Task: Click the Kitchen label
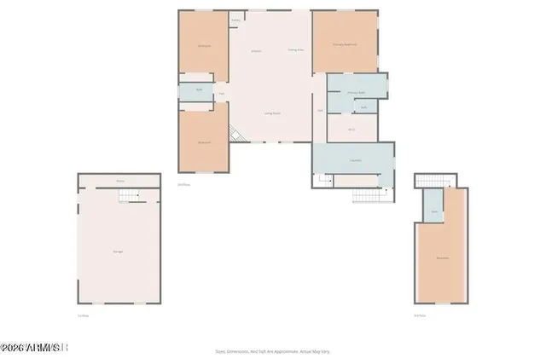(x=256, y=52)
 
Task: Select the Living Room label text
(x=273, y=113)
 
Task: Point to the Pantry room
(x=235, y=20)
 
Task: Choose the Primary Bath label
(x=356, y=92)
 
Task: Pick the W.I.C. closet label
(x=351, y=129)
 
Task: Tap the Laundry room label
(x=354, y=159)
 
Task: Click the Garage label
(x=117, y=251)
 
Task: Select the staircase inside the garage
(x=127, y=197)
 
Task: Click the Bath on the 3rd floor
(x=434, y=211)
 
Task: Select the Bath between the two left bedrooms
(x=199, y=90)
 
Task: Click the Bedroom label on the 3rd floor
(x=443, y=257)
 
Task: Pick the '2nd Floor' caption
(x=183, y=184)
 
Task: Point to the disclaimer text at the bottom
(x=273, y=350)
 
